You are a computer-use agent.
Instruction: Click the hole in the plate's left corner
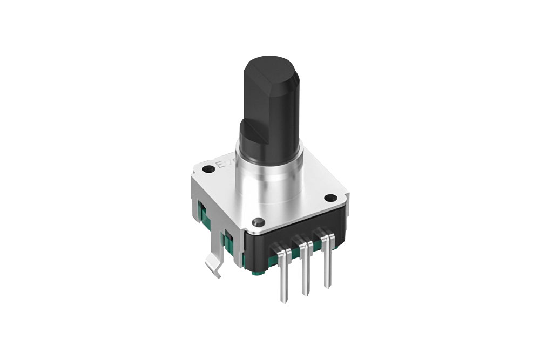(x=207, y=170)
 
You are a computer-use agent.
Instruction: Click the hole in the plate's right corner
(x=328, y=198)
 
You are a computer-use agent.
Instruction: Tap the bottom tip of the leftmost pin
(x=284, y=301)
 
